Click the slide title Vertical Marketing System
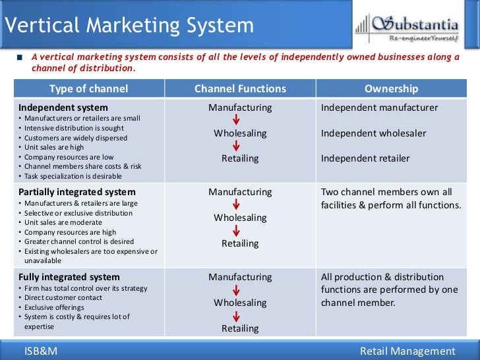(x=129, y=25)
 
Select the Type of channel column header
(x=88, y=89)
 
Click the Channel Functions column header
(x=240, y=89)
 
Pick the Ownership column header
(x=391, y=89)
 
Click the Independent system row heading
(x=63, y=107)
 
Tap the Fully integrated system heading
(x=69, y=277)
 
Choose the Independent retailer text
(x=365, y=158)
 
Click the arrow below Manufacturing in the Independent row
(x=236, y=120)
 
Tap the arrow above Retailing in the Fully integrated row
(x=236, y=316)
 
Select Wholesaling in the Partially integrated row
(x=240, y=218)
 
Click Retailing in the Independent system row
(x=240, y=158)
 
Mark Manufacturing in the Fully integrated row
(x=240, y=277)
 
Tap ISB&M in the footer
(x=41, y=351)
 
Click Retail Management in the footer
(x=407, y=351)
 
